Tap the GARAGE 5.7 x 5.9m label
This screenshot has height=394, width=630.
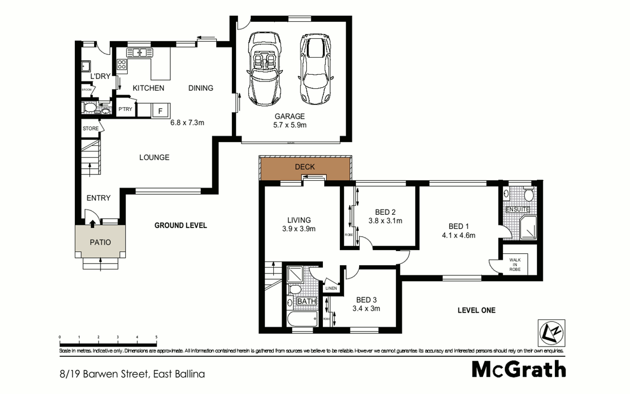[x=290, y=121]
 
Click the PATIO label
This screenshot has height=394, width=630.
[x=100, y=242]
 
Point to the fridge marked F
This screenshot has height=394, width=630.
[x=160, y=111]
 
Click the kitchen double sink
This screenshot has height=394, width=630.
[x=139, y=52]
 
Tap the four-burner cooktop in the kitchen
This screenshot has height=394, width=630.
[x=122, y=65]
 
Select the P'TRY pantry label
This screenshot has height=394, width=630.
[x=125, y=109]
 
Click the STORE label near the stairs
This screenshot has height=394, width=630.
[x=91, y=128]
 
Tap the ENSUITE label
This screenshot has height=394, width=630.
[x=517, y=210]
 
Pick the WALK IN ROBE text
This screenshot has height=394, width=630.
[x=515, y=265]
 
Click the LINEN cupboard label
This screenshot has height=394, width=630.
[x=331, y=288]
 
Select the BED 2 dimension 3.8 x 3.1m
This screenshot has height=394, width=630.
[x=385, y=221]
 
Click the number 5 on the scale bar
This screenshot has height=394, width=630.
[x=156, y=337]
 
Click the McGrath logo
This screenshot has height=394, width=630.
[x=519, y=370]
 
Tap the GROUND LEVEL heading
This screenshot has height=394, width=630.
[x=180, y=225]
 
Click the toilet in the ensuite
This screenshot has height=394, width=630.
[x=528, y=194]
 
